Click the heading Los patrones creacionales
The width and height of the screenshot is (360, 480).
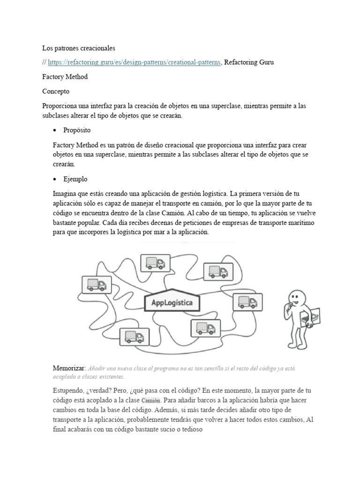pyautogui.click(x=79, y=48)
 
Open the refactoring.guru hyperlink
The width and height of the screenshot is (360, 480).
pyautogui.click(x=134, y=62)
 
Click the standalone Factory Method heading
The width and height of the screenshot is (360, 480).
pyautogui.click(x=65, y=76)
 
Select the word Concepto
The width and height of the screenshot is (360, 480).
pyautogui.click(x=56, y=91)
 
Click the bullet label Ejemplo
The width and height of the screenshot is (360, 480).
pyautogui.click(x=75, y=179)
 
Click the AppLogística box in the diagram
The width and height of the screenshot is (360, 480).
pyautogui.click(x=172, y=302)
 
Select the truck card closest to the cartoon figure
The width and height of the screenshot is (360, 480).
pyautogui.click(x=245, y=301)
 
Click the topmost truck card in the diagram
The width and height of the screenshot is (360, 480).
pyautogui.click(x=155, y=263)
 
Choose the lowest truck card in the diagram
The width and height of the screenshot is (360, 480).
pyautogui.click(x=135, y=336)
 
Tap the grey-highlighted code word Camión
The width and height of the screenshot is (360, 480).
pyautogui.click(x=150, y=400)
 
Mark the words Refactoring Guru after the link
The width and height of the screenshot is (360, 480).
pyautogui.click(x=249, y=62)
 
